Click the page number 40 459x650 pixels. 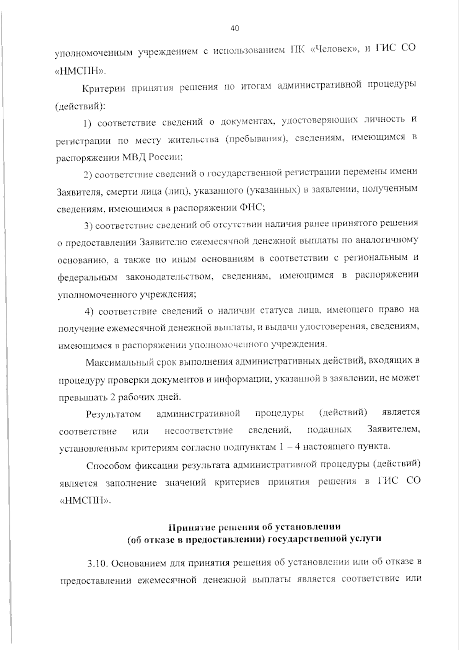click(x=235, y=28)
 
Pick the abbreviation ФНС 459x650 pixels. click(x=251, y=208)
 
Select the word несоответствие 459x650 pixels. click(x=199, y=431)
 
